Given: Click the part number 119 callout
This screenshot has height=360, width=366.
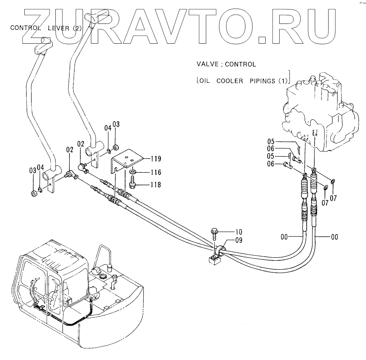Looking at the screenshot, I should pos(156,159).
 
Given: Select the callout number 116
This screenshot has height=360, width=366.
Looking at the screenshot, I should pos(156,172).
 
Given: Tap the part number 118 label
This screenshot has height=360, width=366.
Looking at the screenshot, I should pos(156,184).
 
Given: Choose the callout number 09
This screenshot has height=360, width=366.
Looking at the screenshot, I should pos(238,241).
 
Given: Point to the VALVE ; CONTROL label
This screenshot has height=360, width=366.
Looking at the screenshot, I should pos(226,64).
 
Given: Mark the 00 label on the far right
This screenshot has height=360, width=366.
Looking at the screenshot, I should pos(334,236).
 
